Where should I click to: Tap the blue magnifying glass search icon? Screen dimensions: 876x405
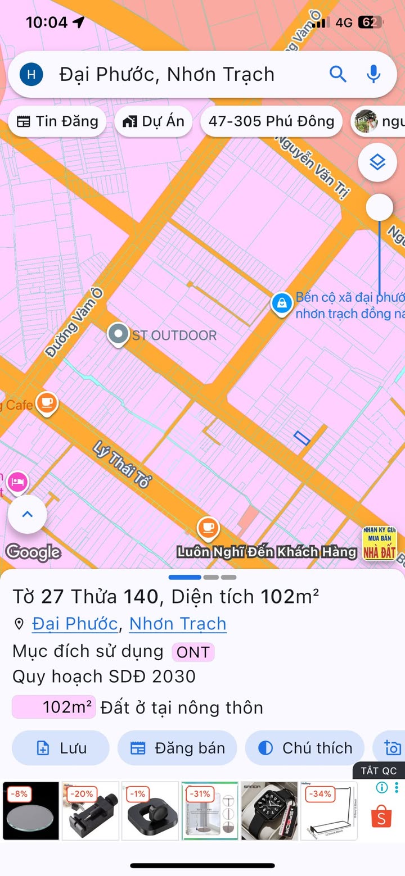click(337, 74)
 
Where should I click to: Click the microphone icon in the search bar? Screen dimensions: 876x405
click(373, 74)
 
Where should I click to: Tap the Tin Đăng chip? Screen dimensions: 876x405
click(57, 121)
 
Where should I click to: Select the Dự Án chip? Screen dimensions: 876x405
click(153, 121)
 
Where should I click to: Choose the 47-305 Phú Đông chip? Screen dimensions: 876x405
click(271, 121)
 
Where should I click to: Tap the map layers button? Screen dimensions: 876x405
click(377, 163)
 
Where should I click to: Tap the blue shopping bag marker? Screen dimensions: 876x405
click(281, 303)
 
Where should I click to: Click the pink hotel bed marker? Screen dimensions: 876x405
click(17, 482)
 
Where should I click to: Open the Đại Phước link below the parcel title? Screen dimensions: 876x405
click(75, 624)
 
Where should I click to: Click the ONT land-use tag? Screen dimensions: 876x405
click(193, 652)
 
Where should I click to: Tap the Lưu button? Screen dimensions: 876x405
click(61, 748)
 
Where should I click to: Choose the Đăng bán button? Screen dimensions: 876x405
click(177, 748)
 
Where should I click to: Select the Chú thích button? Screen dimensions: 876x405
click(305, 748)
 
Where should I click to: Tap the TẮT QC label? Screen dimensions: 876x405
click(379, 770)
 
